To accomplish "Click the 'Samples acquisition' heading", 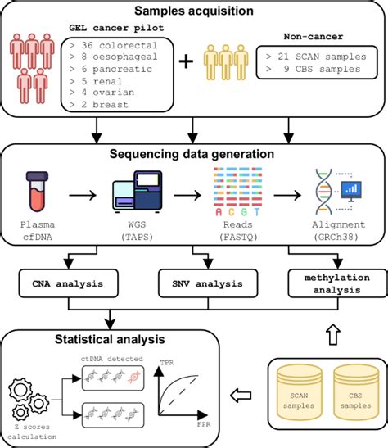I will [194, 11].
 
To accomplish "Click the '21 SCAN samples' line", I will [312, 56].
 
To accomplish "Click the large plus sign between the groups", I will [186, 63].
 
